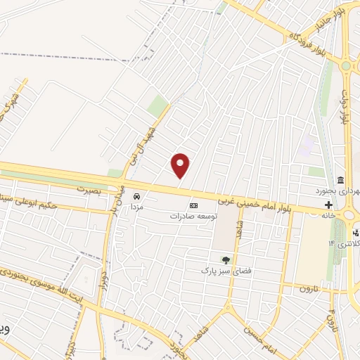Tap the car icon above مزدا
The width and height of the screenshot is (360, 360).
(137, 196)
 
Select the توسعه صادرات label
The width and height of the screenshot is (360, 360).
(194, 217)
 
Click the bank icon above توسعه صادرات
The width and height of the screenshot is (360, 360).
(194, 205)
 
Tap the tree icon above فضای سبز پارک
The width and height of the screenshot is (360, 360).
(226, 260)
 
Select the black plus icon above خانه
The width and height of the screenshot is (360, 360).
(328, 205)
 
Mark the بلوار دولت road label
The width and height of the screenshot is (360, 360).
(345, 105)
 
